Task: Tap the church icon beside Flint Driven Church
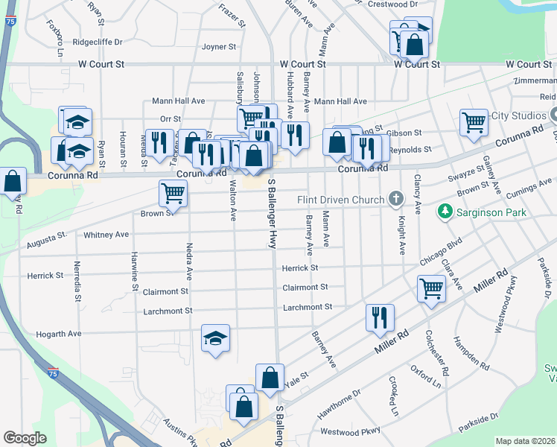[395, 199]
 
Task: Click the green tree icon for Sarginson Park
[445, 212]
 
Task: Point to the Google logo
[25, 438]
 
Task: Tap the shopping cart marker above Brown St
[173, 193]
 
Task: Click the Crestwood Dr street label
[392, 4]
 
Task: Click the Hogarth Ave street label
[58, 335]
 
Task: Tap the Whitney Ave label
[106, 235]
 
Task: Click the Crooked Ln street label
[394, 396]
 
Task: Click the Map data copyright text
[525, 441]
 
